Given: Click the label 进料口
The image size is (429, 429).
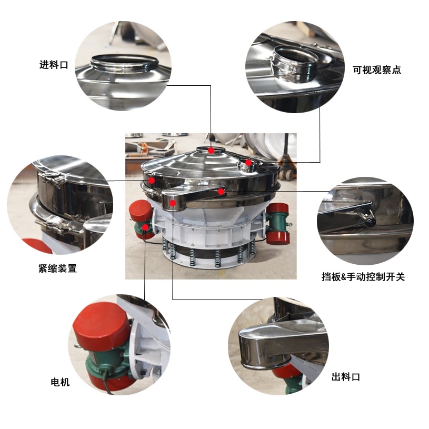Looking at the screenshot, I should coord(54,65).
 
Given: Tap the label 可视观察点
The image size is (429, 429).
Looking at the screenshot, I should coord(376,70).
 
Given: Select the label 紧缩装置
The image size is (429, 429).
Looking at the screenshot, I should coord(57,268).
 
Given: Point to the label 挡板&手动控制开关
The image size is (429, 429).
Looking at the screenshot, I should coord(363,276).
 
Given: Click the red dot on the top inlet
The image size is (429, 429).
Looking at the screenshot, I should coord(211,151).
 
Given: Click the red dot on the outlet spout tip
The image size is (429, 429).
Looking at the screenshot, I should coord(172,203).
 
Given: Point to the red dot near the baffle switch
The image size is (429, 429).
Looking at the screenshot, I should coord(222,192).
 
